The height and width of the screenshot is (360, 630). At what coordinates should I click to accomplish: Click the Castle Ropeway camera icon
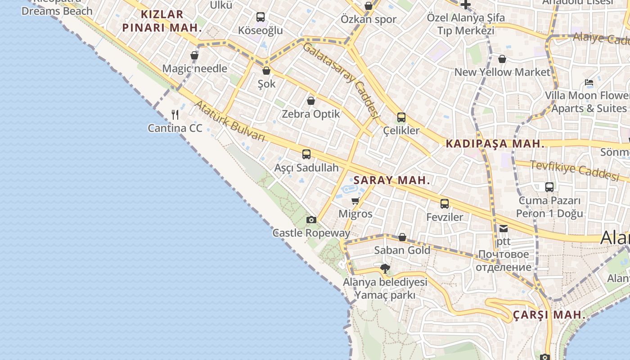[311, 220]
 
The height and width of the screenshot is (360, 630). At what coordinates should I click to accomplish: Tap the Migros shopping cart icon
[355, 201]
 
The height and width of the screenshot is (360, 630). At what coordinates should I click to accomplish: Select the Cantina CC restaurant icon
[175, 115]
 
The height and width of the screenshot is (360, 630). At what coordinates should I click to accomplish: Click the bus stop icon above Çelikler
[401, 117]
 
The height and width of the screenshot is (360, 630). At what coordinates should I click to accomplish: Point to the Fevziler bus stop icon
[445, 204]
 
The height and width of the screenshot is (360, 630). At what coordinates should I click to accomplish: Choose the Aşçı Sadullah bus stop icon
[306, 154]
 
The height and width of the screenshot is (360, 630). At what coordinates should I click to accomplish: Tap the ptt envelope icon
[503, 229]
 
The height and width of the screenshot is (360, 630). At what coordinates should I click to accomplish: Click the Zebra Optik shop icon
[310, 101]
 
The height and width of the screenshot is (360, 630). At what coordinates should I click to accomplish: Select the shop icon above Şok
[266, 71]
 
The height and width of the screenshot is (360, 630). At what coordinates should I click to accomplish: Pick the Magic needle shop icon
[194, 55]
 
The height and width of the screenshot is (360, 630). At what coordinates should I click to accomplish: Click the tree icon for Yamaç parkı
[385, 269]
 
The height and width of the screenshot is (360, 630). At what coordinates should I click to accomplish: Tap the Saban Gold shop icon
[402, 237]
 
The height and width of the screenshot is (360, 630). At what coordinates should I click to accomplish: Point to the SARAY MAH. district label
[391, 180]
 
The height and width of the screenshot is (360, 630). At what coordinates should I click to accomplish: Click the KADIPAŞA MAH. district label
[495, 144]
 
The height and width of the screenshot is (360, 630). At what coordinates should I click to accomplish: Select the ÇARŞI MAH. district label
[549, 315]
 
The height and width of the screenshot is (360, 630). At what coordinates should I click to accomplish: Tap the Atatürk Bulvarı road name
[230, 121]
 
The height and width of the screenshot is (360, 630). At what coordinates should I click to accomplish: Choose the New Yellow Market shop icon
[502, 59]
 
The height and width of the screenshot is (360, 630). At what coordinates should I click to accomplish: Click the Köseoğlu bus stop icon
[261, 17]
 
